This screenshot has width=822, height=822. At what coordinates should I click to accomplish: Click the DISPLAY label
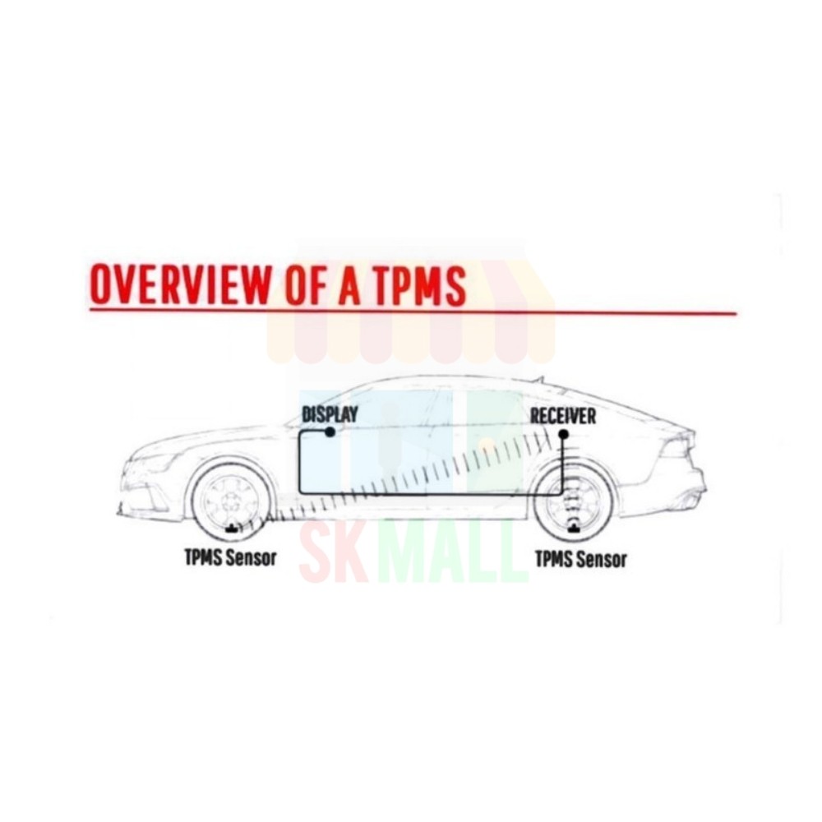click(x=330, y=415)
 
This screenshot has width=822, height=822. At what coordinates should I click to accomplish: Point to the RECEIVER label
click(x=563, y=416)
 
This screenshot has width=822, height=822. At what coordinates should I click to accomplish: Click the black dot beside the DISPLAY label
click(x=330, y=432)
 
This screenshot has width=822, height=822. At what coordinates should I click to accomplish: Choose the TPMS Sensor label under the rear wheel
click(x=580, y=560)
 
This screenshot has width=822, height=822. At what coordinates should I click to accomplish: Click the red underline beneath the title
click(x=411, y=312)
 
